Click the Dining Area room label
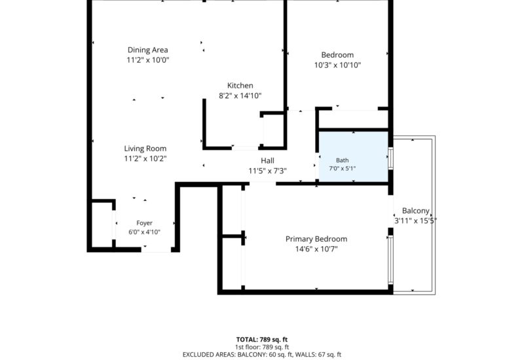(148, 50)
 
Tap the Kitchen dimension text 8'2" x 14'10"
(240, 96)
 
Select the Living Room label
(145, 149)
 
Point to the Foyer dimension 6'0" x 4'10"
(144, 232)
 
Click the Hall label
(267, 160)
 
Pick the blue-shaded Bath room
(354, 156)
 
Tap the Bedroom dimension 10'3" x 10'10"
(337, 65)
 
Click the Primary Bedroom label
(316, 239)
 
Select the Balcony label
(415, 211)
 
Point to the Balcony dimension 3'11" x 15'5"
(415, 221)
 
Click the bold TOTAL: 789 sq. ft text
(262, 340)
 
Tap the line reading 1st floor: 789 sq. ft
(262, 348)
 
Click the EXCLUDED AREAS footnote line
(262, 355)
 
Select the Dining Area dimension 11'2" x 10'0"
(148, 60)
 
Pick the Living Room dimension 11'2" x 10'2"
(145, 158)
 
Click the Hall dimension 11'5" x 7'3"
(267, 171)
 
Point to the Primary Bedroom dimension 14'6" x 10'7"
(316, 249)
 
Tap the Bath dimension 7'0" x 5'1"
(342, 169)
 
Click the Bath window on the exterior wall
(390, 158)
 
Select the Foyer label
(144, 223)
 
